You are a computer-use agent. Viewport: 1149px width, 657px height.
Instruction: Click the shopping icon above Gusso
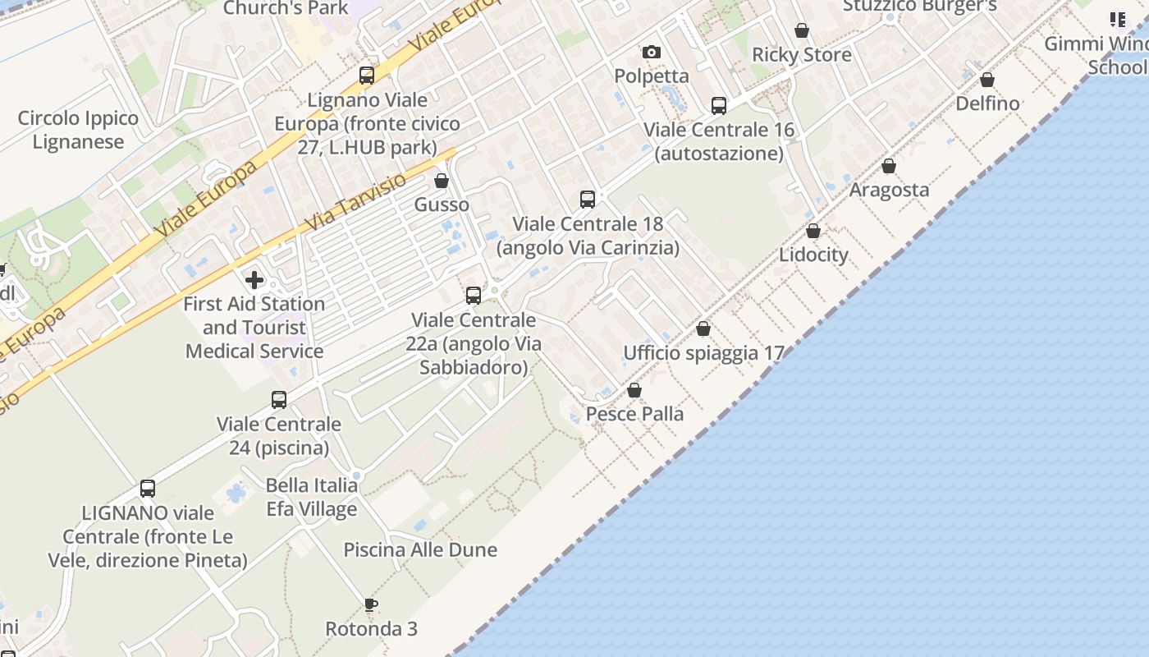442,181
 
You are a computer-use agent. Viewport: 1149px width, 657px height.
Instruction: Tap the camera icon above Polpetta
652,53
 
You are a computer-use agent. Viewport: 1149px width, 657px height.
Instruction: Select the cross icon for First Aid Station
254,280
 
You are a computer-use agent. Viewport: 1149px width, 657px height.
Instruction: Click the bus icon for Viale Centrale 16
719,106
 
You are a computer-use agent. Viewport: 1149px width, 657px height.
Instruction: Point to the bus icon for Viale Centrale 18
588,200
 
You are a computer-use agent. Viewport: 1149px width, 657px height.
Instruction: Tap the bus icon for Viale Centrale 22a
474,296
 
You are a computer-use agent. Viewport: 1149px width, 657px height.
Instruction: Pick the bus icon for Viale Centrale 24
279,400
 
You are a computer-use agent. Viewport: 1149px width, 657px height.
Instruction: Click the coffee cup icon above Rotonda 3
371,605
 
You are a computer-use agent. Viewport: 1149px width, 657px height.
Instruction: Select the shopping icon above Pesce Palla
634,390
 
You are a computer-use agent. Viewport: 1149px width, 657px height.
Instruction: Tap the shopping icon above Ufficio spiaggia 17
703,329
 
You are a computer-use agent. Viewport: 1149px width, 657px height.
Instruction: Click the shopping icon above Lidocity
813,232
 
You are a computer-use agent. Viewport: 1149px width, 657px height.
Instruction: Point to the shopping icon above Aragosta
889,167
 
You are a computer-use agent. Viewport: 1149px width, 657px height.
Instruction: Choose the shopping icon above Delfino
987,80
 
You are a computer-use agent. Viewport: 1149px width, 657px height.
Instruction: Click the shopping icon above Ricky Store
802,31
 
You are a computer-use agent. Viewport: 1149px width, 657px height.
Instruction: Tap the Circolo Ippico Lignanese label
78,130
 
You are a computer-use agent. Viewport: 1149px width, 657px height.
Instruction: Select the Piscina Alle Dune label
420,549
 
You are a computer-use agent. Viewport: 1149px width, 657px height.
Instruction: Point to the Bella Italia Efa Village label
312,497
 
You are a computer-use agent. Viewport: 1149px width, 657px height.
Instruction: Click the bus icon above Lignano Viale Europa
367,76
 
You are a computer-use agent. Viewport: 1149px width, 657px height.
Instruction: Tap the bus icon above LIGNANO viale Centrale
148,489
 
